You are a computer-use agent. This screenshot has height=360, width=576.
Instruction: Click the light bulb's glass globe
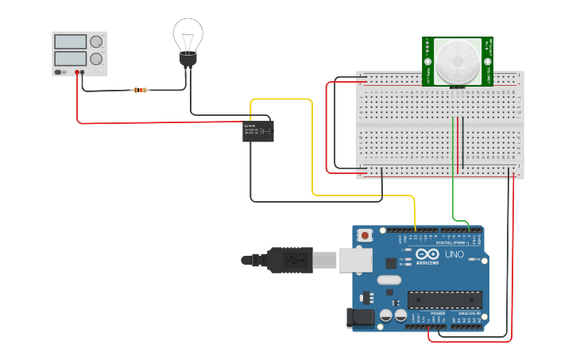[x=188, y=34]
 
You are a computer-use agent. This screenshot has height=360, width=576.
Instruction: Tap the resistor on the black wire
[x=141, y=90]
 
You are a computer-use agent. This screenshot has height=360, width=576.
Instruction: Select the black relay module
[x=257, y=131]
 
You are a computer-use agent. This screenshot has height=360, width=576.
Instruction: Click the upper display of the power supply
[x=72, y=42]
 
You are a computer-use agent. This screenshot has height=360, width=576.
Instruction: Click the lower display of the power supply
[x=72, y=59]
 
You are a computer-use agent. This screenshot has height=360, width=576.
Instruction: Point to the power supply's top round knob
[x=96, y=42]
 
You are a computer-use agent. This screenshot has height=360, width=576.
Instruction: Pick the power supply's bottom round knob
[x=96, y=59]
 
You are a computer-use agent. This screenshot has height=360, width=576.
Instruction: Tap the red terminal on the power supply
[x=77, y=72]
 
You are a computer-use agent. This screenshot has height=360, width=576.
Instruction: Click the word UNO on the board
[x=454, y=255]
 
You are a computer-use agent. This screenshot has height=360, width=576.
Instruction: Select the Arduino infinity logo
[x=427, y=254]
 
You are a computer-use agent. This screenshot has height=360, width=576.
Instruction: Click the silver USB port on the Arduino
[x=355, y=260]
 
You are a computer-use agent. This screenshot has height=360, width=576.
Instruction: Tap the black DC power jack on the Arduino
[x=359, y=318]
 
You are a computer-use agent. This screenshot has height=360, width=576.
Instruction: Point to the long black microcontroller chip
[x=444, y=300]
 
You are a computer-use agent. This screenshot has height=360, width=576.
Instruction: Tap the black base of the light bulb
[x=188, y=60]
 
